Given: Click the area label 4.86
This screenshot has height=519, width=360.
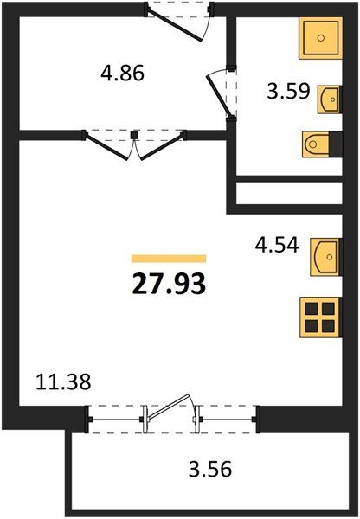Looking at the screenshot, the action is coord(122,74).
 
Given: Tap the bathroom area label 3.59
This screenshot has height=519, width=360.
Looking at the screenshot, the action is coord(288,91).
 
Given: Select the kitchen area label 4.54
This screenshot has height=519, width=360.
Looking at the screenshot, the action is coord(277,245).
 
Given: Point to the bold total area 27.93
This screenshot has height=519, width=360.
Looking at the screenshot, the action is coord(169,285).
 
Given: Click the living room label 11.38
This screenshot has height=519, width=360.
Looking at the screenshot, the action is coord(63,381).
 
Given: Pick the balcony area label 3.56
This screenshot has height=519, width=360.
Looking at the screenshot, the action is coord(210,469).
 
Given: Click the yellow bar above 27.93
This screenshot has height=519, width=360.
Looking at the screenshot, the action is coord(169,259).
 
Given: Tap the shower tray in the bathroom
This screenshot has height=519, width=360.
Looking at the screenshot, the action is coord(320,38).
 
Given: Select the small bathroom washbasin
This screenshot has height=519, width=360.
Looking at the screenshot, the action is coord(329,99).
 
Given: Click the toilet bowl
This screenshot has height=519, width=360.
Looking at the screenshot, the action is coord(316,144).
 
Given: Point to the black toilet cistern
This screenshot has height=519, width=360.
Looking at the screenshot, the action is coord(336,144).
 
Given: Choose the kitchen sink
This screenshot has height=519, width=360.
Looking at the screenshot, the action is coord(325,257).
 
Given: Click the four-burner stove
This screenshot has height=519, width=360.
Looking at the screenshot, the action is coord(320,317).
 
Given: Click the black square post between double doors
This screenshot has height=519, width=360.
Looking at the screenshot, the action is coord(134,135).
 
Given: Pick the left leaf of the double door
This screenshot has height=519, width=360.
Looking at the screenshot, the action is coord(106,147).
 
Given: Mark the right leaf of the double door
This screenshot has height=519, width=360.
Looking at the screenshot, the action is coord(162,147).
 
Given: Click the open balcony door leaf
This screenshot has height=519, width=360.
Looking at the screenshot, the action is coord(169,407).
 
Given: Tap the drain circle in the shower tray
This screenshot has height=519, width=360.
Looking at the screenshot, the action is coord(320,38).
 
